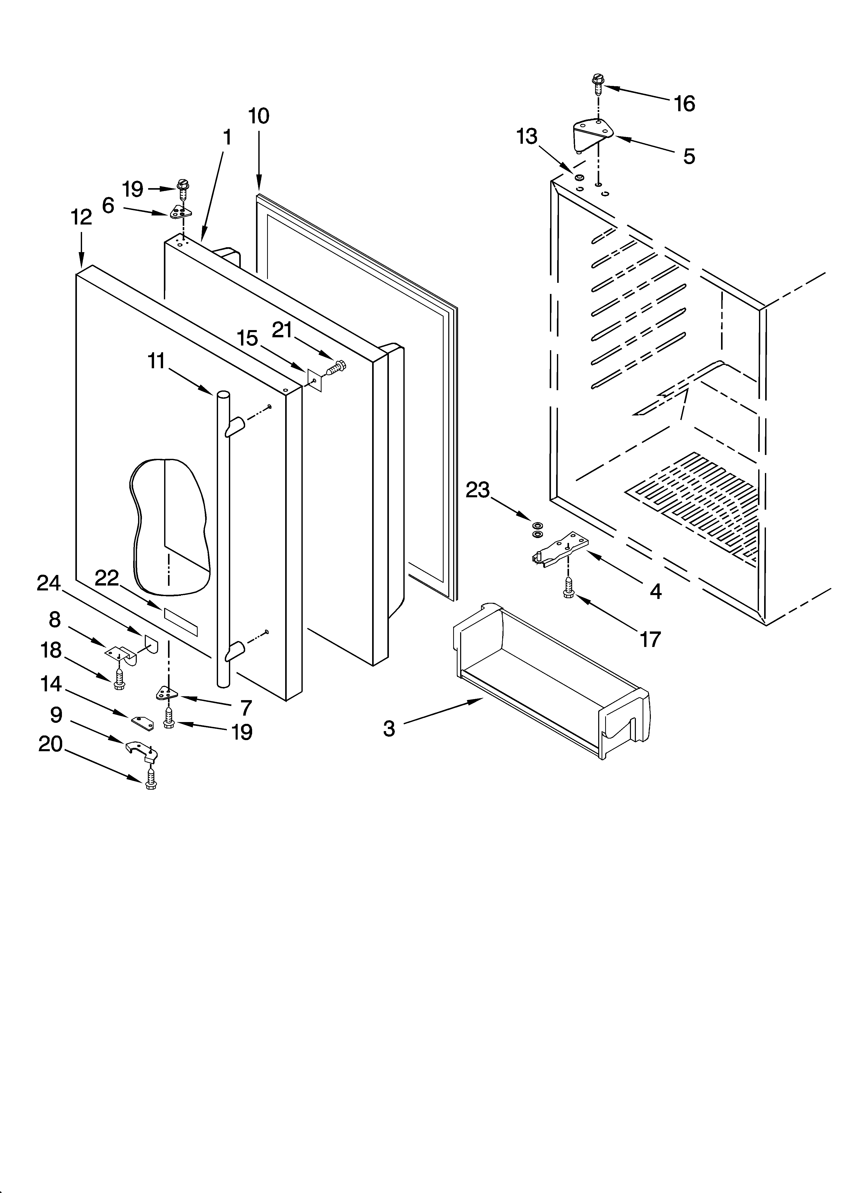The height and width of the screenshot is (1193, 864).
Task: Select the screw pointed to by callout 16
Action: (x=597, y=83)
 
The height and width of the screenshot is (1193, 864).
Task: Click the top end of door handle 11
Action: (x=223, y=395)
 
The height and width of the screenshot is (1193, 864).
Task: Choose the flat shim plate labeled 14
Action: (x=143, y=723)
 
